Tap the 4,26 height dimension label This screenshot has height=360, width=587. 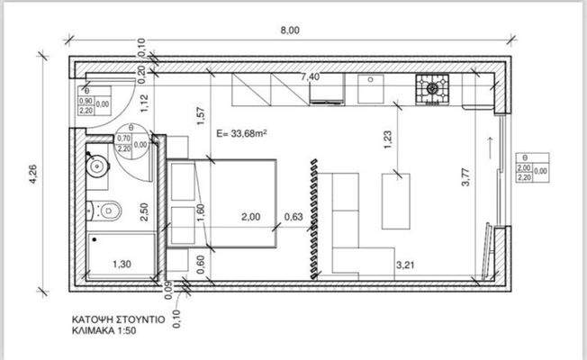coord(33,179)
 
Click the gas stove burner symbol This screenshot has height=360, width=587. coord(433,88)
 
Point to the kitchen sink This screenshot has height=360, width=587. coord(369,88)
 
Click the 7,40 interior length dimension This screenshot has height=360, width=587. coord(309,77)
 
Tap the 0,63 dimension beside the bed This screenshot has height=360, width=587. coord(293,217)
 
